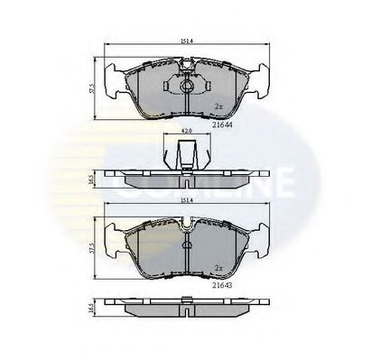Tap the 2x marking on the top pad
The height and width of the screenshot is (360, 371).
(x=218, y=106)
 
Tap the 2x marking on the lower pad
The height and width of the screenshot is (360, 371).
(x=218, y=268)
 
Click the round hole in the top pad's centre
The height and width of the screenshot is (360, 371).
(x=184, y=88)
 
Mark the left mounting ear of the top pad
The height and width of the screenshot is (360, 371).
(x=115, y=81)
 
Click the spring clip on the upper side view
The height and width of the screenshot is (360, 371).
(x=183, y=155)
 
